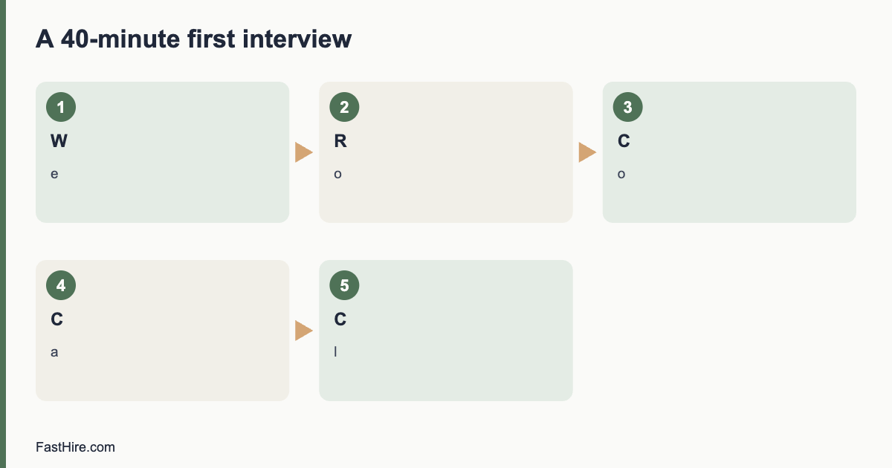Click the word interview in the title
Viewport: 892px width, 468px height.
297,39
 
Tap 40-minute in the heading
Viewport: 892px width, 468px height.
120,39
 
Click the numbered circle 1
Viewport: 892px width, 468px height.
61,107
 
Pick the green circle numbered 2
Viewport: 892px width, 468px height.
344,107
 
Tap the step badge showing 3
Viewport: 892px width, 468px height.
628,107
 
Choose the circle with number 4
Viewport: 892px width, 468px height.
61,285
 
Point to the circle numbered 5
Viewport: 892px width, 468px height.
344,285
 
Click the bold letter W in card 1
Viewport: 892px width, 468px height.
59,141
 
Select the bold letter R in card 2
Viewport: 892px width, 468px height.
340,141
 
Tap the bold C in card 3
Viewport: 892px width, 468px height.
624,141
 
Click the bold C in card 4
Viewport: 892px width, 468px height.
57,319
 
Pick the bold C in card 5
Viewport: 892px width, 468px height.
340,319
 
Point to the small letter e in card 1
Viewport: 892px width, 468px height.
54,175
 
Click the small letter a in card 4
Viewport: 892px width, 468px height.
54,353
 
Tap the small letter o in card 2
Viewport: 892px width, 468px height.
337,175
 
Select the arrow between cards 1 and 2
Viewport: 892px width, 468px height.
304,152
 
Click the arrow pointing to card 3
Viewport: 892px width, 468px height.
587,152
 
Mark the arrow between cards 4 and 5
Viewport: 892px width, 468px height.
304,331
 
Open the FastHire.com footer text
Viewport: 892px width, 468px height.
75,447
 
